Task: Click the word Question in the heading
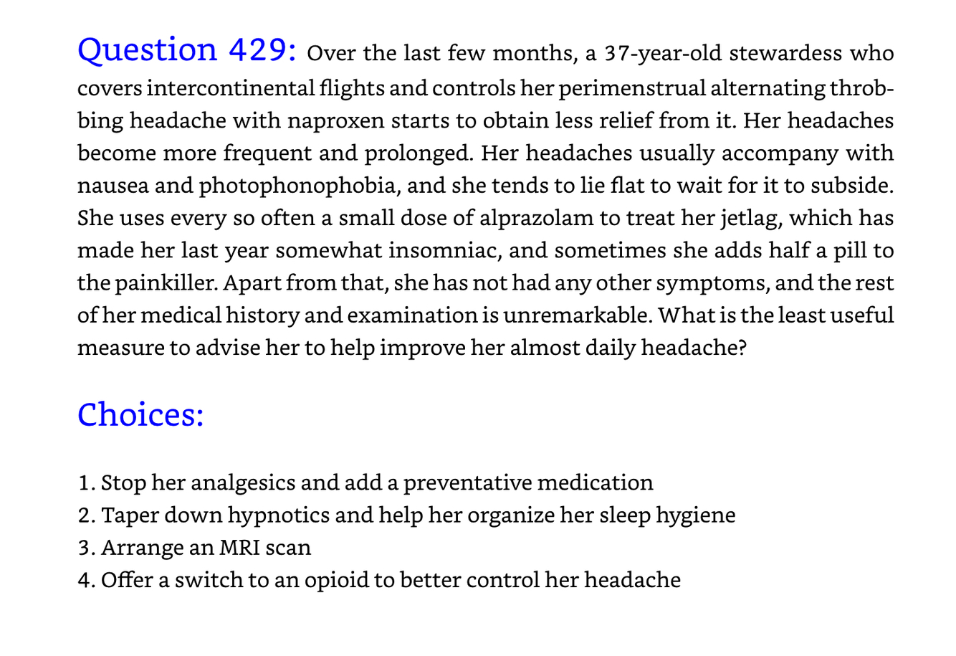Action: tap(148, 50)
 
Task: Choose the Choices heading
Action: tap(140, 414)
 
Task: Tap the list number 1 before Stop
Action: tap(84, 483)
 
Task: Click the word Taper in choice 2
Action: tap(124, 515)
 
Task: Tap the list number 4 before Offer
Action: tap(84, 580)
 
